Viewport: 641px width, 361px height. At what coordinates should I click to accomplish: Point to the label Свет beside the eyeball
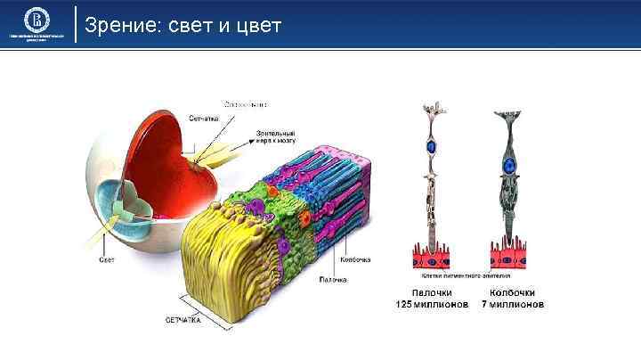107,259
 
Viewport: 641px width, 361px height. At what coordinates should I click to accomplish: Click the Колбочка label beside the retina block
354,259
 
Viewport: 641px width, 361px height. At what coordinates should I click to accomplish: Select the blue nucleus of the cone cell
509,166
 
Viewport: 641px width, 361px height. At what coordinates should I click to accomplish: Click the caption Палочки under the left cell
432,291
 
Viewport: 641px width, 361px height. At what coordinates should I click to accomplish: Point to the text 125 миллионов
432,304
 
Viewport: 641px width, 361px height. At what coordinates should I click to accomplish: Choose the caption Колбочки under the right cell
512,291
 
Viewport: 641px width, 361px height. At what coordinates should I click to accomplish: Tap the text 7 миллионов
512,304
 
